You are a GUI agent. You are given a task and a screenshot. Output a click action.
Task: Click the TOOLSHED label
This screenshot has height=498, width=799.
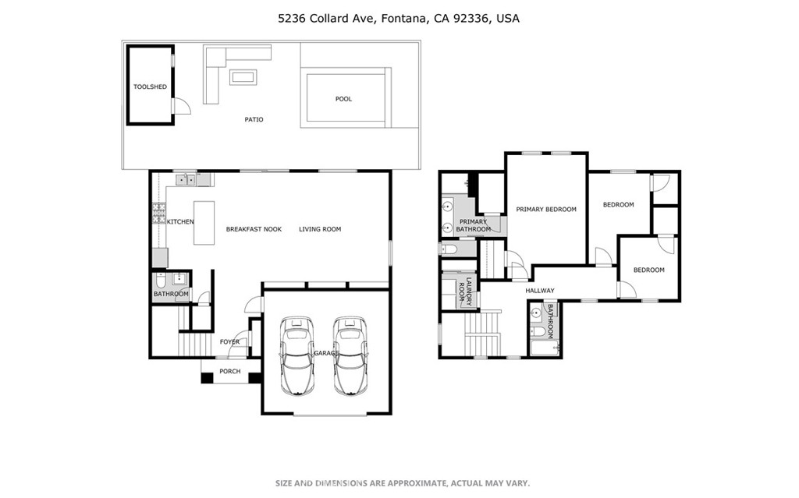[x=150, y=87]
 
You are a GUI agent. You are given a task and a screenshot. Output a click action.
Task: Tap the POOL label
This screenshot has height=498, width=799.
[x=343, y=99]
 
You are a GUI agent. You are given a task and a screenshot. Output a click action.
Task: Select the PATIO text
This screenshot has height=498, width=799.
[x=254, y=119]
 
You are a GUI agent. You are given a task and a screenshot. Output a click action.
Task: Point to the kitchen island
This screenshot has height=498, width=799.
[x=204, y=223]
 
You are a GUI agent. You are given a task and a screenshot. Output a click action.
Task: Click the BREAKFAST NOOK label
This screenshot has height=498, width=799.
[x=254, y=229]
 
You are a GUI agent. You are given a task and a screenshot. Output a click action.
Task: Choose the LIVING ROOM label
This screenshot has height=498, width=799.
[x=320, y=229]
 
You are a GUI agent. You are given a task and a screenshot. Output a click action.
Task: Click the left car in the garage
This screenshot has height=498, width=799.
[x=297, y=355]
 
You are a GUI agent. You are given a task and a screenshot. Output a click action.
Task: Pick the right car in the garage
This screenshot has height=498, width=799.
[x=350, y=355]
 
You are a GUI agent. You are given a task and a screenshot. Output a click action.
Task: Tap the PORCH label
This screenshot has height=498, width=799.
[x=230, y=371]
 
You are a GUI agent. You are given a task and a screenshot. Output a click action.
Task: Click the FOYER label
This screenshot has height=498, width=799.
[x=229, y=341]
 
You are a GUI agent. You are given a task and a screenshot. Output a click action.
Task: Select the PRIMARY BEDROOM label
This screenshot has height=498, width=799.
[x=546, y=210]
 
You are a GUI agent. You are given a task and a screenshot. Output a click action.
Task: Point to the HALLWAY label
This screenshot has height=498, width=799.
[x=540, y=290]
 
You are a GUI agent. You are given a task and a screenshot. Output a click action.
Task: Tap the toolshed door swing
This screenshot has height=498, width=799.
[x=182, y=106]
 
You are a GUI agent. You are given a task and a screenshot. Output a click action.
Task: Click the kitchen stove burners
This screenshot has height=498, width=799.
[x=159, y=214]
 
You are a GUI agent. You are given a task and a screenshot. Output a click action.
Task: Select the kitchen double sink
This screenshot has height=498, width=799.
[x=186, y=179]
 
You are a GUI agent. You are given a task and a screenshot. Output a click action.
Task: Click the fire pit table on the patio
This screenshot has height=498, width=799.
[x=243, y=77]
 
